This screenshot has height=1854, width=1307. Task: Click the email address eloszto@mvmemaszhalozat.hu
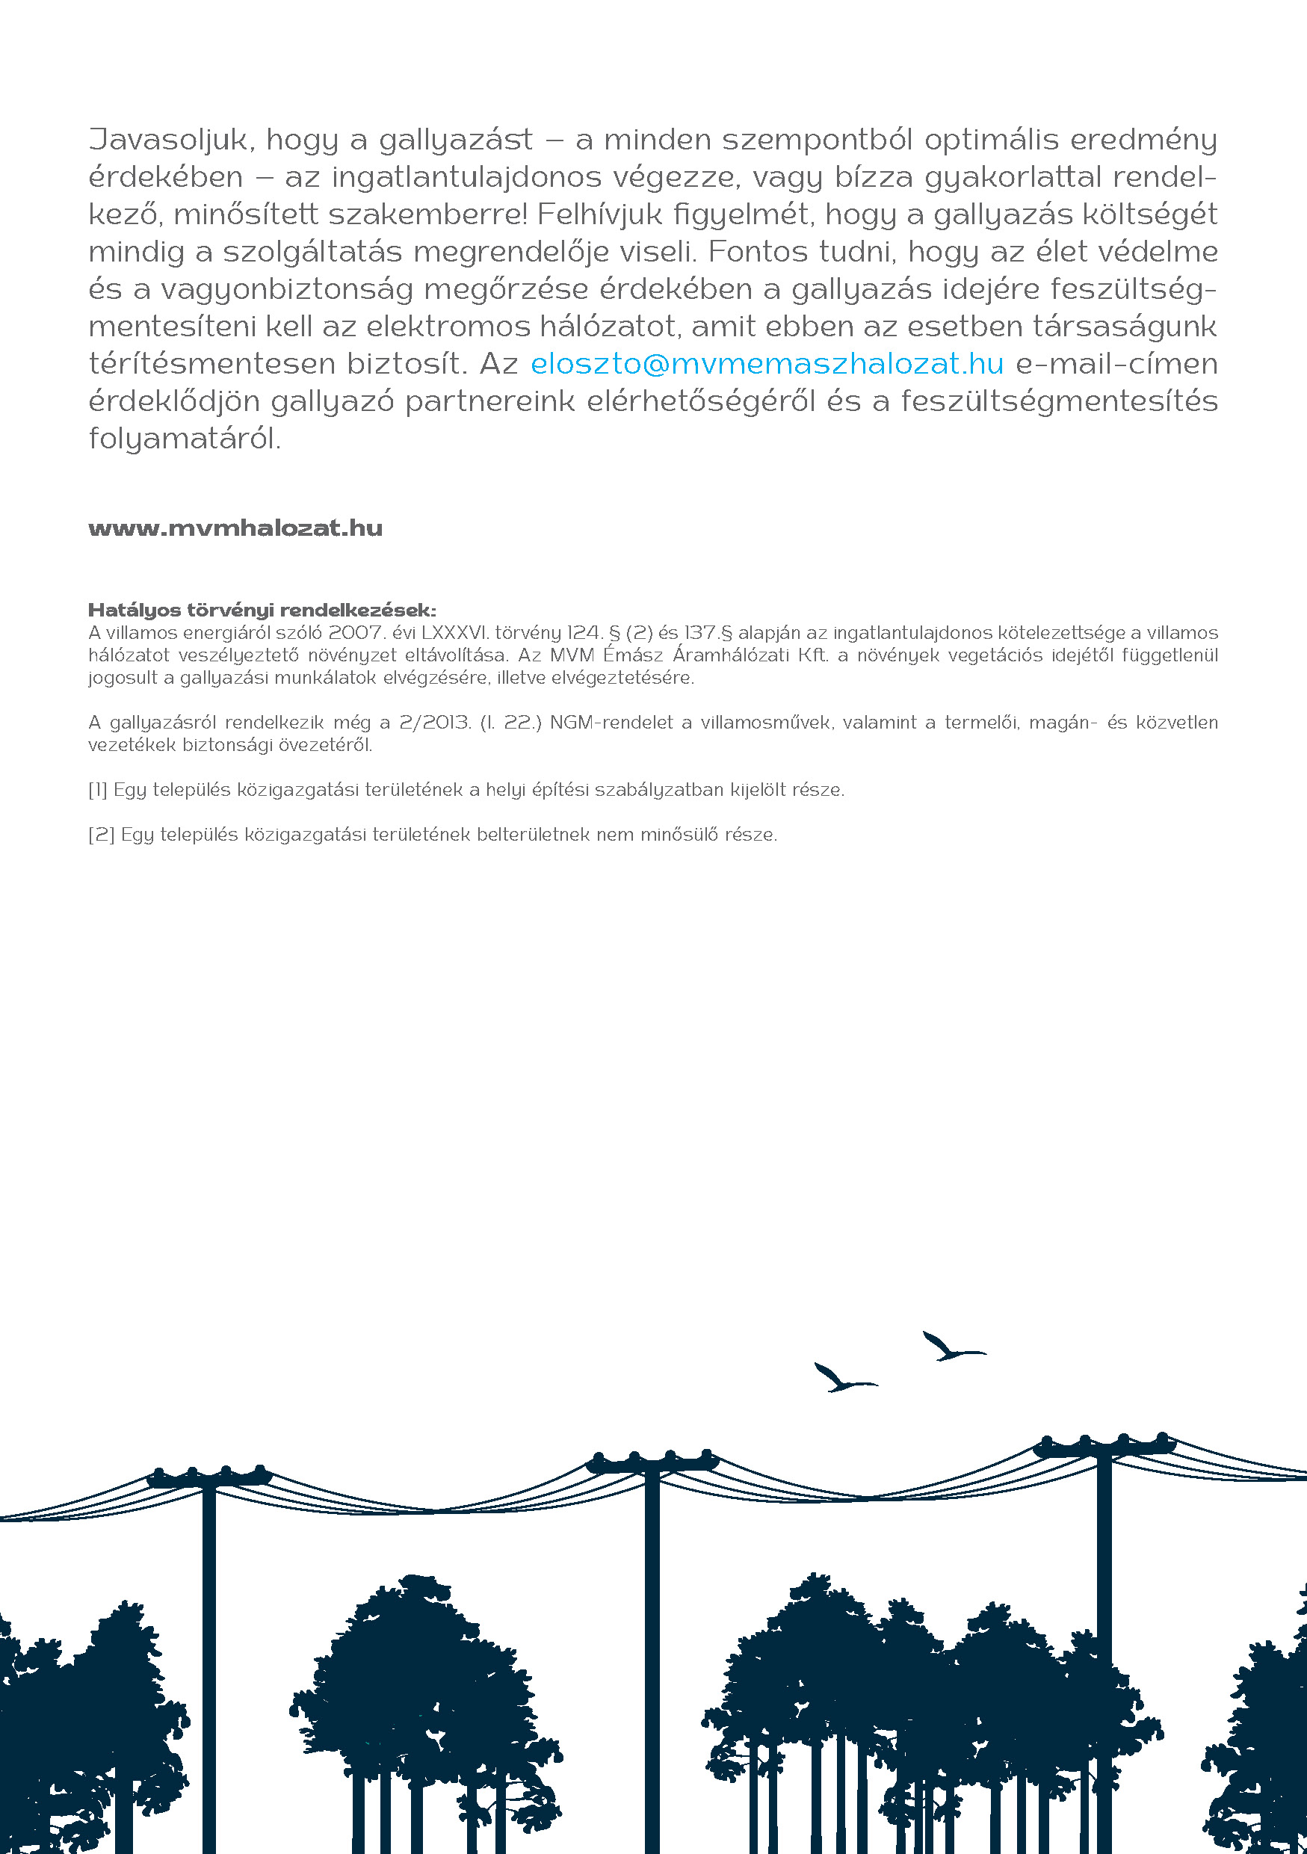[x=767, y=364]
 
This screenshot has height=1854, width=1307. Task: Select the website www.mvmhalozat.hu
[x=235, y=528]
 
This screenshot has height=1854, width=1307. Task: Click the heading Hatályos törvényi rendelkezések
[x=262, y=610]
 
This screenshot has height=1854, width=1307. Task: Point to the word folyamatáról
[x=185, y=439]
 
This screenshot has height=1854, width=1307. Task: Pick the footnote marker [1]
[x=98, y=790]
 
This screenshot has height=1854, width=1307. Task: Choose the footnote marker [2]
[x=102, y=835]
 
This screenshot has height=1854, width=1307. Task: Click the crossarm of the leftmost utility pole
[x=208, y=1479]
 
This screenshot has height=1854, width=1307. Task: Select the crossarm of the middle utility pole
[x=652, y=1462]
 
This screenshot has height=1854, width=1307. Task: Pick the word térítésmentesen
[x=211, y=364]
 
